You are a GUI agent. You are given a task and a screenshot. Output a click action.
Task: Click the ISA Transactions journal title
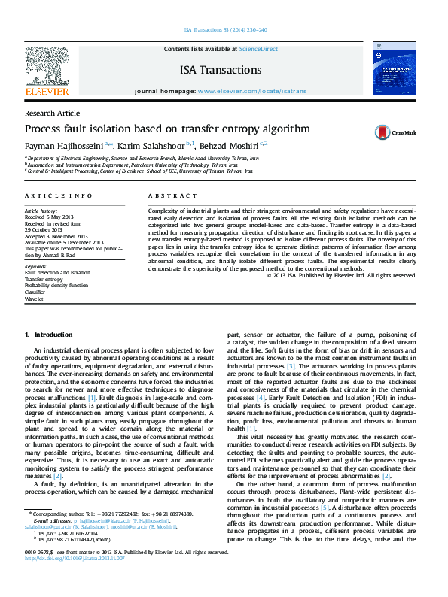(x=221, y=70)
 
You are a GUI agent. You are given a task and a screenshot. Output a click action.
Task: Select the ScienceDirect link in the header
(x=258, y=49)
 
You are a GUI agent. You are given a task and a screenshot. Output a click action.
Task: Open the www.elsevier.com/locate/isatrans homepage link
(x=252, y=90)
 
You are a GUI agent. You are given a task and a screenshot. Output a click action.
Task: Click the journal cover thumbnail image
(x=395, y=70)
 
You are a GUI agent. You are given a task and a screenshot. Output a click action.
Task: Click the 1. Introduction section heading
(x=49, y=334)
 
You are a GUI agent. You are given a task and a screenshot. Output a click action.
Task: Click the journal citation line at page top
(x=224, y=31)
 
